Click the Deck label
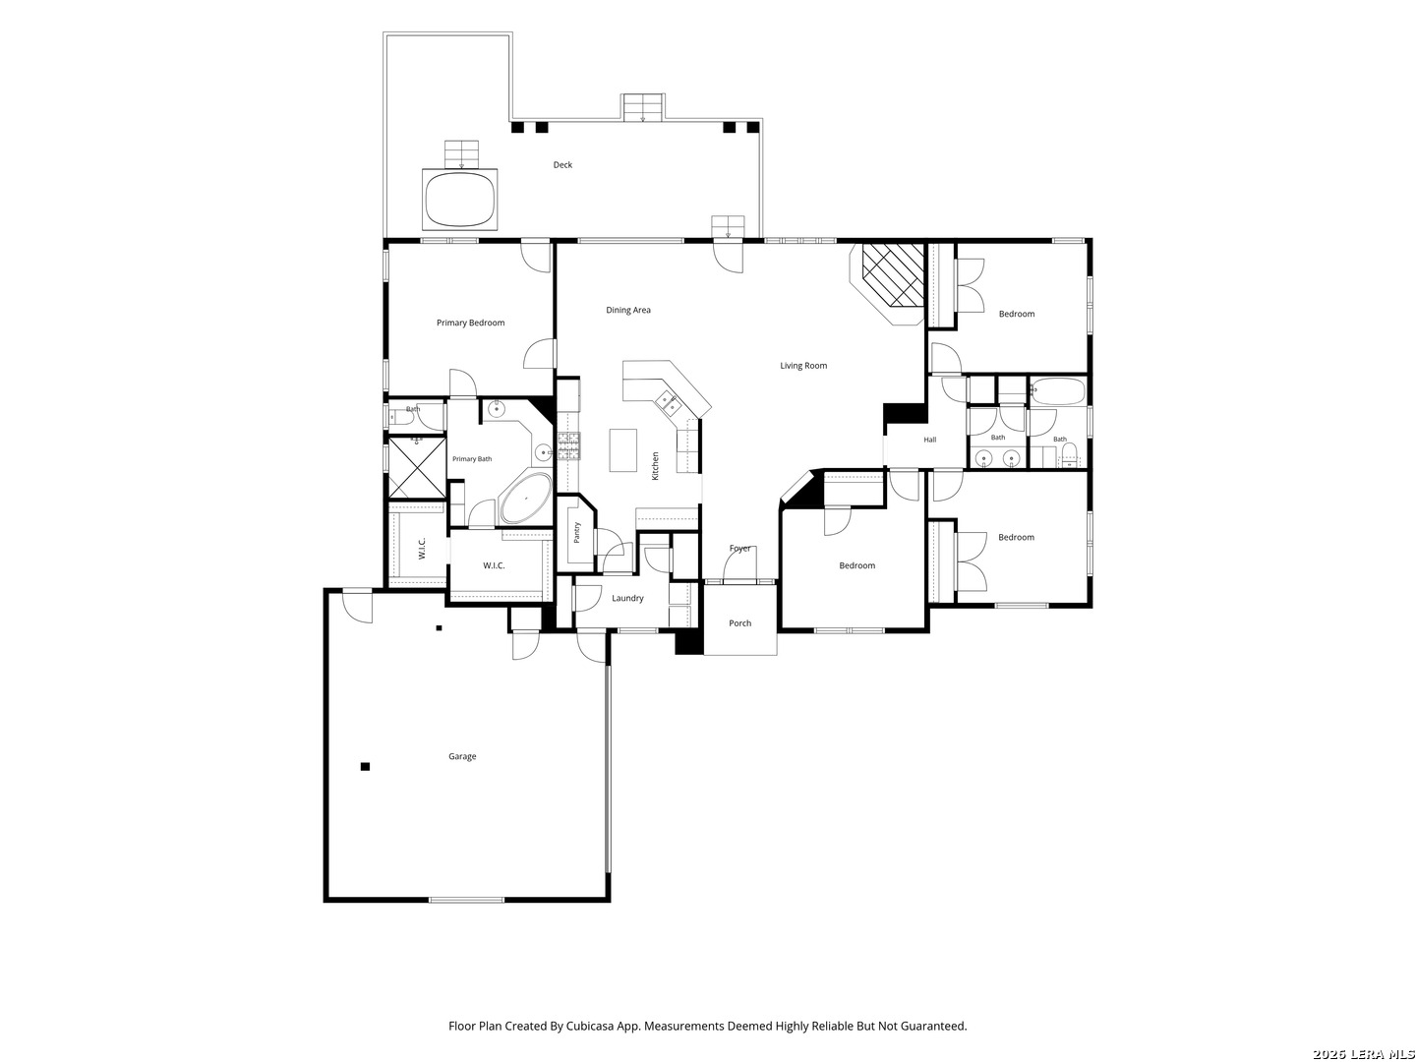point(562,165)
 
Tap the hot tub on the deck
point(460,200)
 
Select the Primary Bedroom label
point(470,324)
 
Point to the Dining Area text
point(627,310)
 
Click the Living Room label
point(803,366)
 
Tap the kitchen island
point(622,449)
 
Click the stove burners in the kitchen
point(569,446)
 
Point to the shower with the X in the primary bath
point(417,467)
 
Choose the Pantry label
point(576,532)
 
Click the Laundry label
point(627,599)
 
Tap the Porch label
point(739,623)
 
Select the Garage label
point(462,756)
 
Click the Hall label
point(929,440)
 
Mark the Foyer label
point(739,549)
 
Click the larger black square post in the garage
point(365,767)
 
